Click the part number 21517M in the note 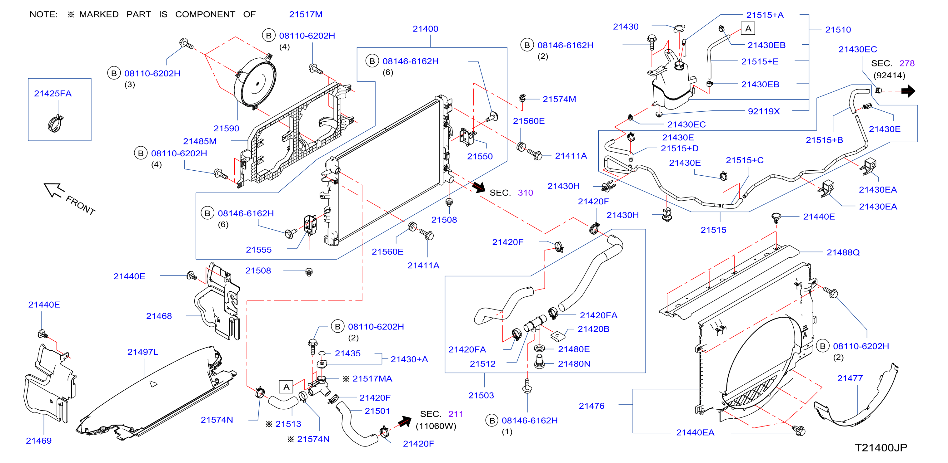click(306, 14)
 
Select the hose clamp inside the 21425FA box click(55, 123)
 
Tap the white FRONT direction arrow click(54, 190)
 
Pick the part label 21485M click(200, 141)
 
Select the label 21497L click(143, 352)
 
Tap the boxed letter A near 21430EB click(748, 28)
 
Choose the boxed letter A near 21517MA click(286, 387)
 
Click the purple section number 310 click(525, 193)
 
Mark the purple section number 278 click(907, 63)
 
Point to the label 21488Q click(843, 252)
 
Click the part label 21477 click(850, 378)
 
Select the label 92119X click(764, 111)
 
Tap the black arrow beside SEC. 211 click(405, 422)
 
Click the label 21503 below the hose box click(481, 395)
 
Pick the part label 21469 click(39, 441)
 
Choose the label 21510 click(838, 30)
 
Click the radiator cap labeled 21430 click(679, 28)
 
